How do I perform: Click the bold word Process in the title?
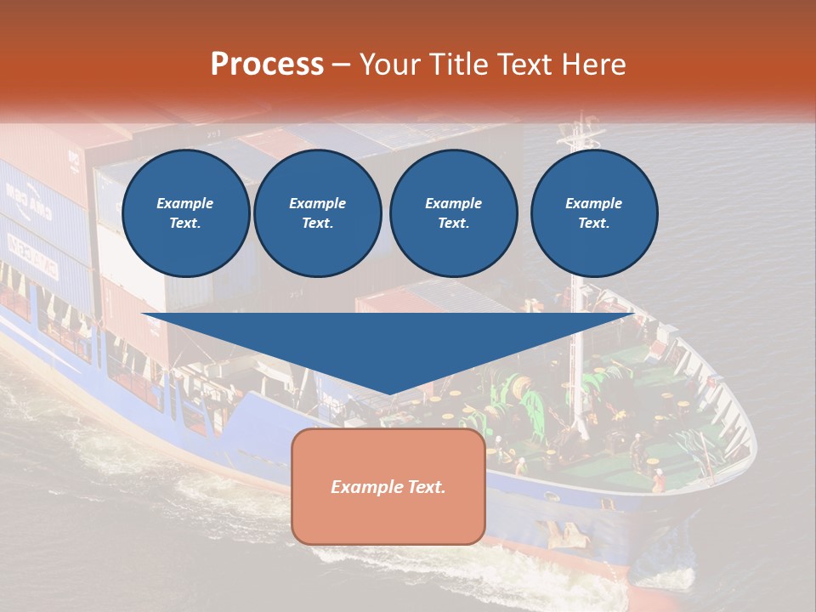[x=267, y=64]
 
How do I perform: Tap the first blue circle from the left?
[x=185, y=213]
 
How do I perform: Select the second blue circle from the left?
[x=318, y=213]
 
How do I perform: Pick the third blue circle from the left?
[x=453, y=213]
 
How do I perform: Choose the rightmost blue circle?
[x=594, y=213]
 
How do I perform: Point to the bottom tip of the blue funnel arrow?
[x=389, y=393]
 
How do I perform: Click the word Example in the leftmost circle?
[x=185, y=203]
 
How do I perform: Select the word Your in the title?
[x=387, y=64]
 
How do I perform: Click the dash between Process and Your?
[x=342, y=65]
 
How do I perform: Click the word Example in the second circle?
[x=318, y=203]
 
